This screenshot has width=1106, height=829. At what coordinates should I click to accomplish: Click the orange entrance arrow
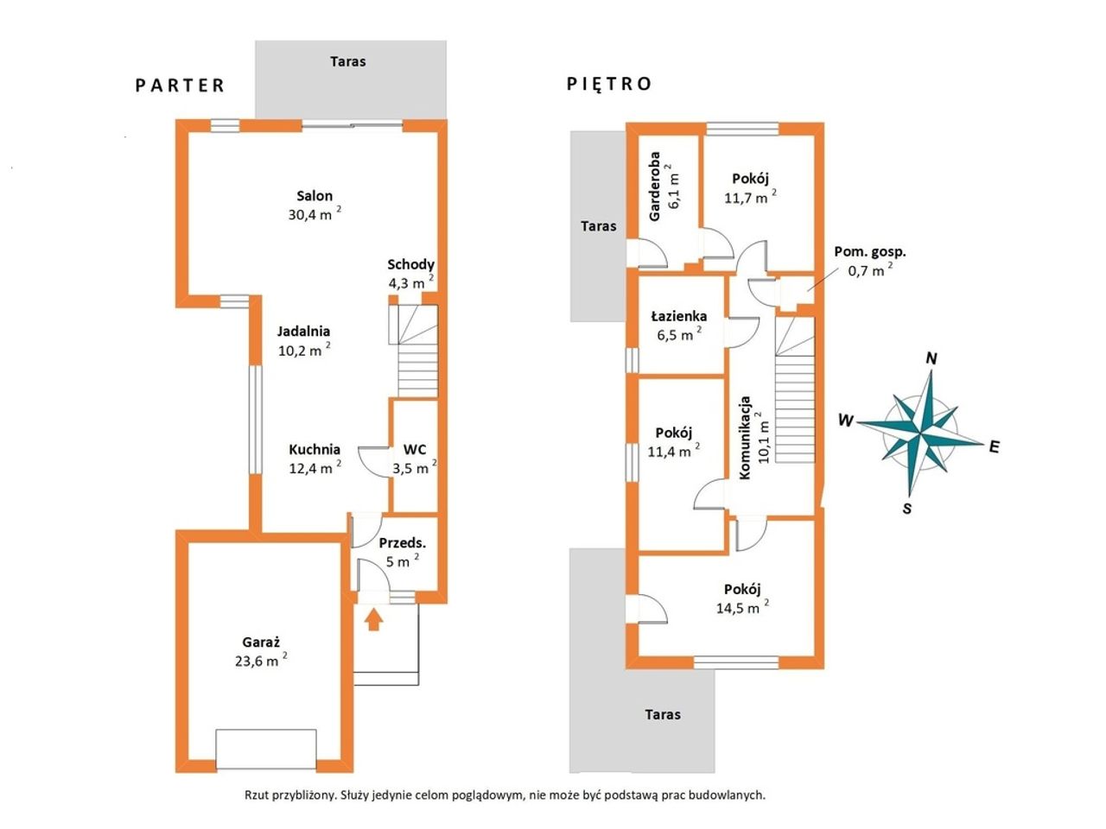pyautogui.click(x=373, y=620)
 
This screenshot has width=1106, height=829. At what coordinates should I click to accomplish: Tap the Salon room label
pyautogui.click(x=315, y=196)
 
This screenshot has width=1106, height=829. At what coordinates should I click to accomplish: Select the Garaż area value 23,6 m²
pyautogui.click(x=261, y=660)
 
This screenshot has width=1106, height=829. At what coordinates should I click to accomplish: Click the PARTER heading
pyautogui.click(x=180, y=85)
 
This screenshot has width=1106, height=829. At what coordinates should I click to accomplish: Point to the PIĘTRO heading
pyautogui.click(x=609, y=84)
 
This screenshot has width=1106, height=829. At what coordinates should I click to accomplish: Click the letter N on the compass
pyautogui.click(x=931, y=358)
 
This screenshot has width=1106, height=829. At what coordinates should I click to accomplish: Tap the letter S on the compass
pyautogui.click(x=907, y=509)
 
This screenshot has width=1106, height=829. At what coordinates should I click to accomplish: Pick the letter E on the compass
pyautogui.click(x=995, y=446)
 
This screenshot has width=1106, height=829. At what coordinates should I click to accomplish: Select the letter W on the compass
pyautogui.click(x=846, y=420)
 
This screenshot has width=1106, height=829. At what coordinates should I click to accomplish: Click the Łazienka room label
pyautogui.click(x=678, y=317)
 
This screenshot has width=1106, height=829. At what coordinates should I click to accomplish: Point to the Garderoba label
pyautogui.click(x=655, y=187)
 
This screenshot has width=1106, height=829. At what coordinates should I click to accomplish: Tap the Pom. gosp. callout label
pyautogui.click(x=870, y=252)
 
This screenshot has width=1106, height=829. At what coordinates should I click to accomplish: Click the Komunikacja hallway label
pyautogui.click(x=745, y=439)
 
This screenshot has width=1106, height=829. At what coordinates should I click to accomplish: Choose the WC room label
pyautogui.click(x=415, y=449)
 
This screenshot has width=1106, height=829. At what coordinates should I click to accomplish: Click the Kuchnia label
pyautogui.click(x=315, y=449)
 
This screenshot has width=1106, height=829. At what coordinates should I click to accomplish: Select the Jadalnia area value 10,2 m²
pyautogui.click(x=304, y=350)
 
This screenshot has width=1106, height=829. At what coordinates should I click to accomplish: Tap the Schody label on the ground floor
pyautogui.click(x=410, y=265)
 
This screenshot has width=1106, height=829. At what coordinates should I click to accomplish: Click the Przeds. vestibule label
pyautogui.click(x=402, y=543)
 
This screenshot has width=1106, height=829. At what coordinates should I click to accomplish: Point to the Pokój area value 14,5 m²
pyautogui.click(x=742, y=607)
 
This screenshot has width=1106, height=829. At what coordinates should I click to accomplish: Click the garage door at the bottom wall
pyautogui.click(x=266, y=749)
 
